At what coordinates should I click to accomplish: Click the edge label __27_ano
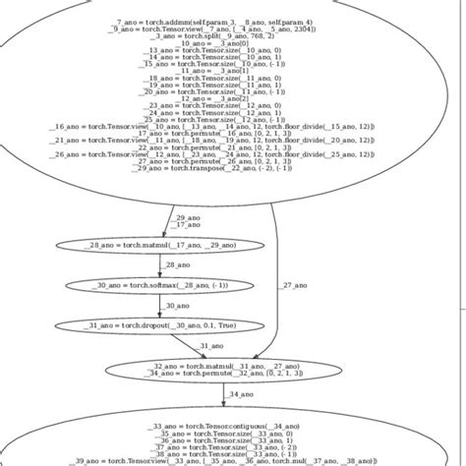point(293,285)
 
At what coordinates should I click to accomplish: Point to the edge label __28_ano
point(177,264)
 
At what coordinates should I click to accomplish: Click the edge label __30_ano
point(177,305)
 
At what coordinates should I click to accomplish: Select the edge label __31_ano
point(212,346)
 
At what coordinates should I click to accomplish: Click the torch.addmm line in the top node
point(213,22)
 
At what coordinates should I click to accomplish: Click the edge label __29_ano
point(186,217)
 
